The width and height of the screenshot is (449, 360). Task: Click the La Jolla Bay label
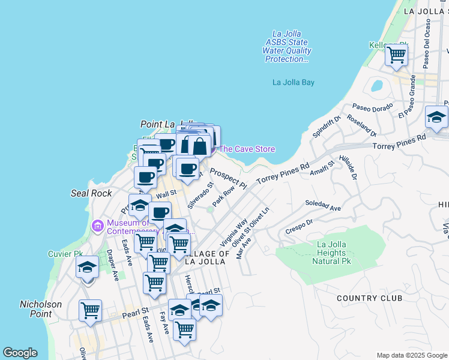click(x=294, y=82)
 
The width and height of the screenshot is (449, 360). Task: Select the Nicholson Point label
click(x=41, y=309)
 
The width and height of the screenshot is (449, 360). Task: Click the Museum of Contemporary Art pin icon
click(x=97, y=226)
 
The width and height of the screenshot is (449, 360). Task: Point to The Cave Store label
click(x=247, y=149)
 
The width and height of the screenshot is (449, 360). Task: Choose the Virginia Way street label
click(x=234, y=233)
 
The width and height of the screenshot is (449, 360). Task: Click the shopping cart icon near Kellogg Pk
click(x=396, y=55)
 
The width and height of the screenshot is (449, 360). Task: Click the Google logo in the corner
click(x=20, y=353)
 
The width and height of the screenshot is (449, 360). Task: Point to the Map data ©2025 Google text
click(x=412, y=355)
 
